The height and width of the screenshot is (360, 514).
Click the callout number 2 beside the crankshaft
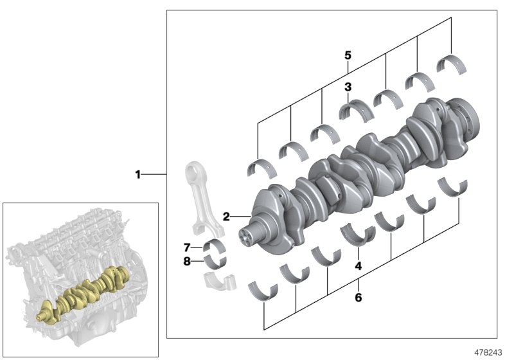coord(226,217)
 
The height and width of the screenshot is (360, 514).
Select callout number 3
coord(348,87)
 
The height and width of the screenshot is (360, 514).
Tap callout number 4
coord(359,264)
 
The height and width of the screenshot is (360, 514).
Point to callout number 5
coord(348,55)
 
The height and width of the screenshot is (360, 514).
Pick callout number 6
coord(359,298)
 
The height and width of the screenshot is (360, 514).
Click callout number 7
coord(187,247)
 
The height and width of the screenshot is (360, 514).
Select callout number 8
coord(187,261)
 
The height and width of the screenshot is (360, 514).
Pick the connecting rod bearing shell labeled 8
coord(215,262)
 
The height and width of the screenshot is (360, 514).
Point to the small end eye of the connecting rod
coord(195,174)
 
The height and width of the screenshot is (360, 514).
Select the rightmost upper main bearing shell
coord(450,65)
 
